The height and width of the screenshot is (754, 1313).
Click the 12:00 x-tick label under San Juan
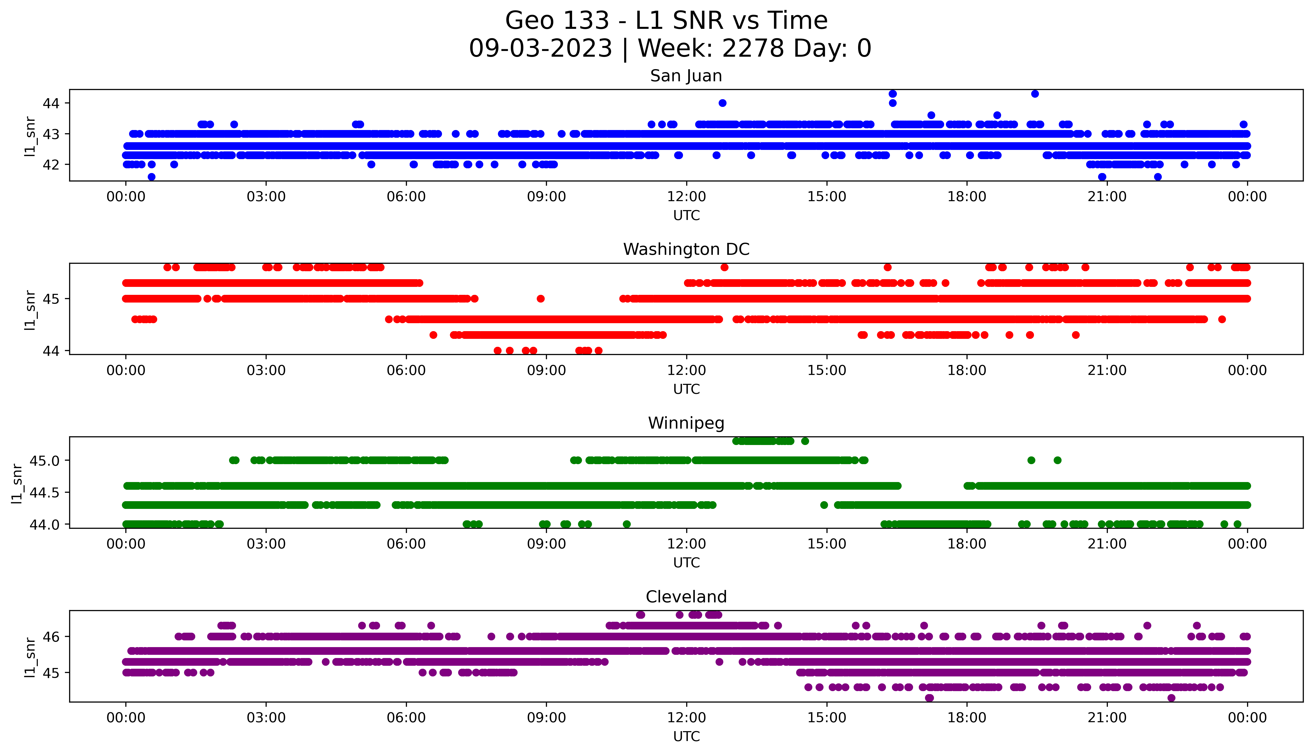686,197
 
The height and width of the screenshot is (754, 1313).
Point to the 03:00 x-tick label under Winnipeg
266,544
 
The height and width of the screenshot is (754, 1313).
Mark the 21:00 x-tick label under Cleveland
1107,718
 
